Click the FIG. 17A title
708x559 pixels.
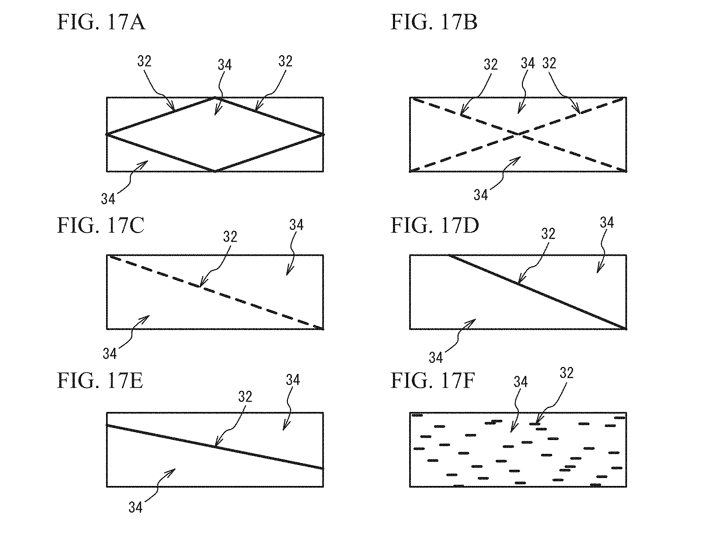tap(101, 22)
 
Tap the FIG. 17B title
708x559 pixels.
tap(434, 22)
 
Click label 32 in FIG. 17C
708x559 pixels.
tap(230, 237)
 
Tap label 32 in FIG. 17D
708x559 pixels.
tap(548, 234)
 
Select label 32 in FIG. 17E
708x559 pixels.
tap(245, 397)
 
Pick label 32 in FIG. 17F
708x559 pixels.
tap(566, 373)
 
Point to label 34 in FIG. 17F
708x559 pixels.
tap(521, 382)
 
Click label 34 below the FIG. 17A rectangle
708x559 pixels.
tap(108, 199)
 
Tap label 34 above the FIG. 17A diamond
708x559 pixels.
tap(225, 65)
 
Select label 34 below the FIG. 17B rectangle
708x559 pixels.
tap(481, 195)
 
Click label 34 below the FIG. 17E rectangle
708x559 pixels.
tap(136, 507)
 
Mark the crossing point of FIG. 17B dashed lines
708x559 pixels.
tap(518, 135)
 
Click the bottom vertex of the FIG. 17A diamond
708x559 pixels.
tap(215, 171)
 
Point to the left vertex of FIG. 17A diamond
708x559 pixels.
tap(107, 135)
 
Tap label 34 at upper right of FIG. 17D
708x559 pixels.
tap(607, 223)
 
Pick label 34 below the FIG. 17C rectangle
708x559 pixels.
tap(110, 354)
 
